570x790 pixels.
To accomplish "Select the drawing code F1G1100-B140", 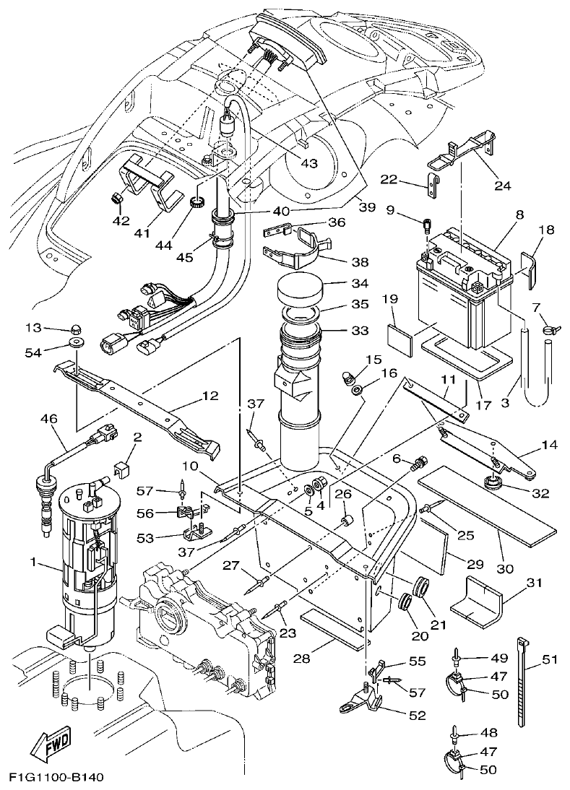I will [x=57, y=778].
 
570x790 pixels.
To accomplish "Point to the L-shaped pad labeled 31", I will [x=478, y=602].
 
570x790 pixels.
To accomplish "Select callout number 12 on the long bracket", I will [x=210, y=396].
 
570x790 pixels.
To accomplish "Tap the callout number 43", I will [x=309, y=163].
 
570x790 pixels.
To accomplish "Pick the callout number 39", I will [x=367, y=207].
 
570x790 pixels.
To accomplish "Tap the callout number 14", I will [x=550, y=446].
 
